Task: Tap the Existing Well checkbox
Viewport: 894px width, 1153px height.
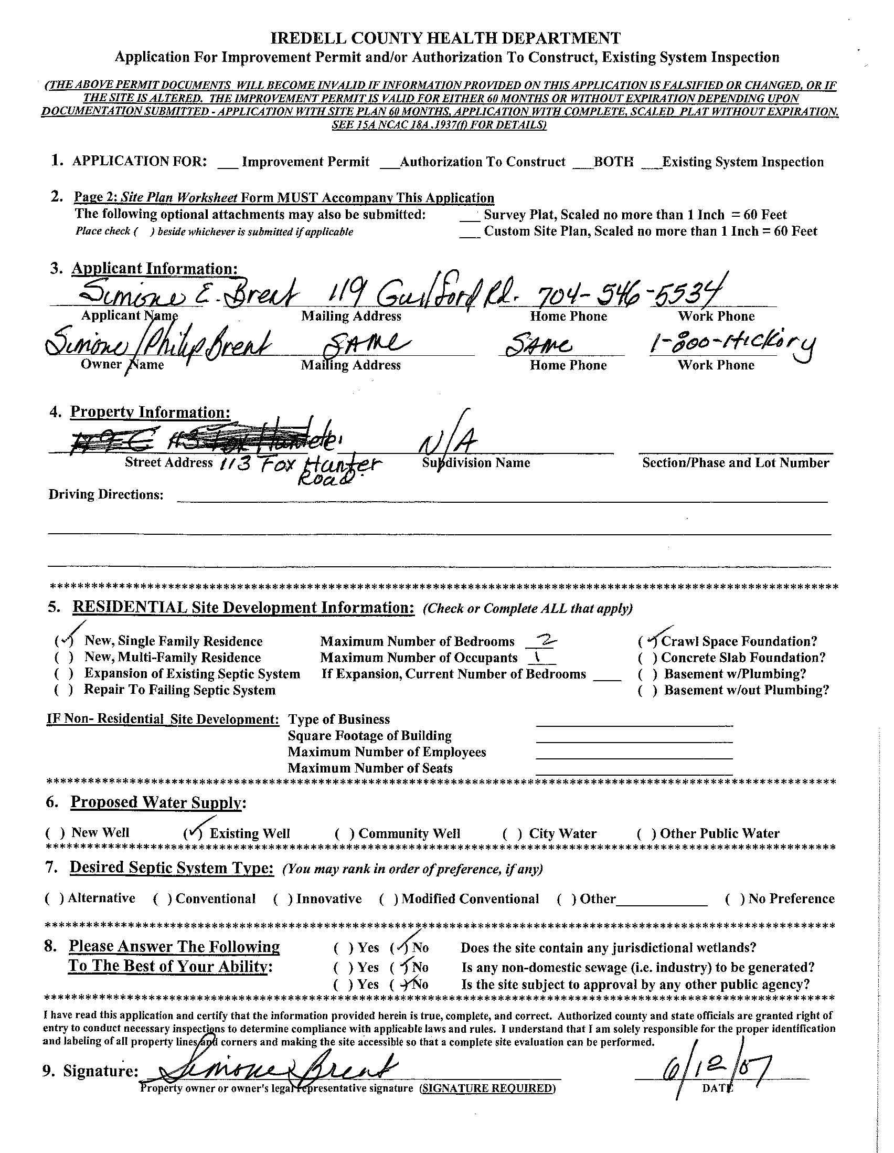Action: tap(193, 833)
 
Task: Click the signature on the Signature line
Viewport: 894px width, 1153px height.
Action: tap(274, 1069)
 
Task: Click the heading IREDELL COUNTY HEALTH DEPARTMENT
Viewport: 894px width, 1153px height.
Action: tap(446, 38)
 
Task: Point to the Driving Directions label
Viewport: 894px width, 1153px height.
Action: tap(105, 495)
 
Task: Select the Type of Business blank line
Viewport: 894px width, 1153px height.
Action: tap(634, 720)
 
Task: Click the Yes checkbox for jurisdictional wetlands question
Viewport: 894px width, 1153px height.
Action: tap(343, 948)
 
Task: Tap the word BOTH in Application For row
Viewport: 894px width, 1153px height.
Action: tap(614, 162)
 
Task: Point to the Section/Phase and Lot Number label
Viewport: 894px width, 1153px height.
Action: tap(735, 463)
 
